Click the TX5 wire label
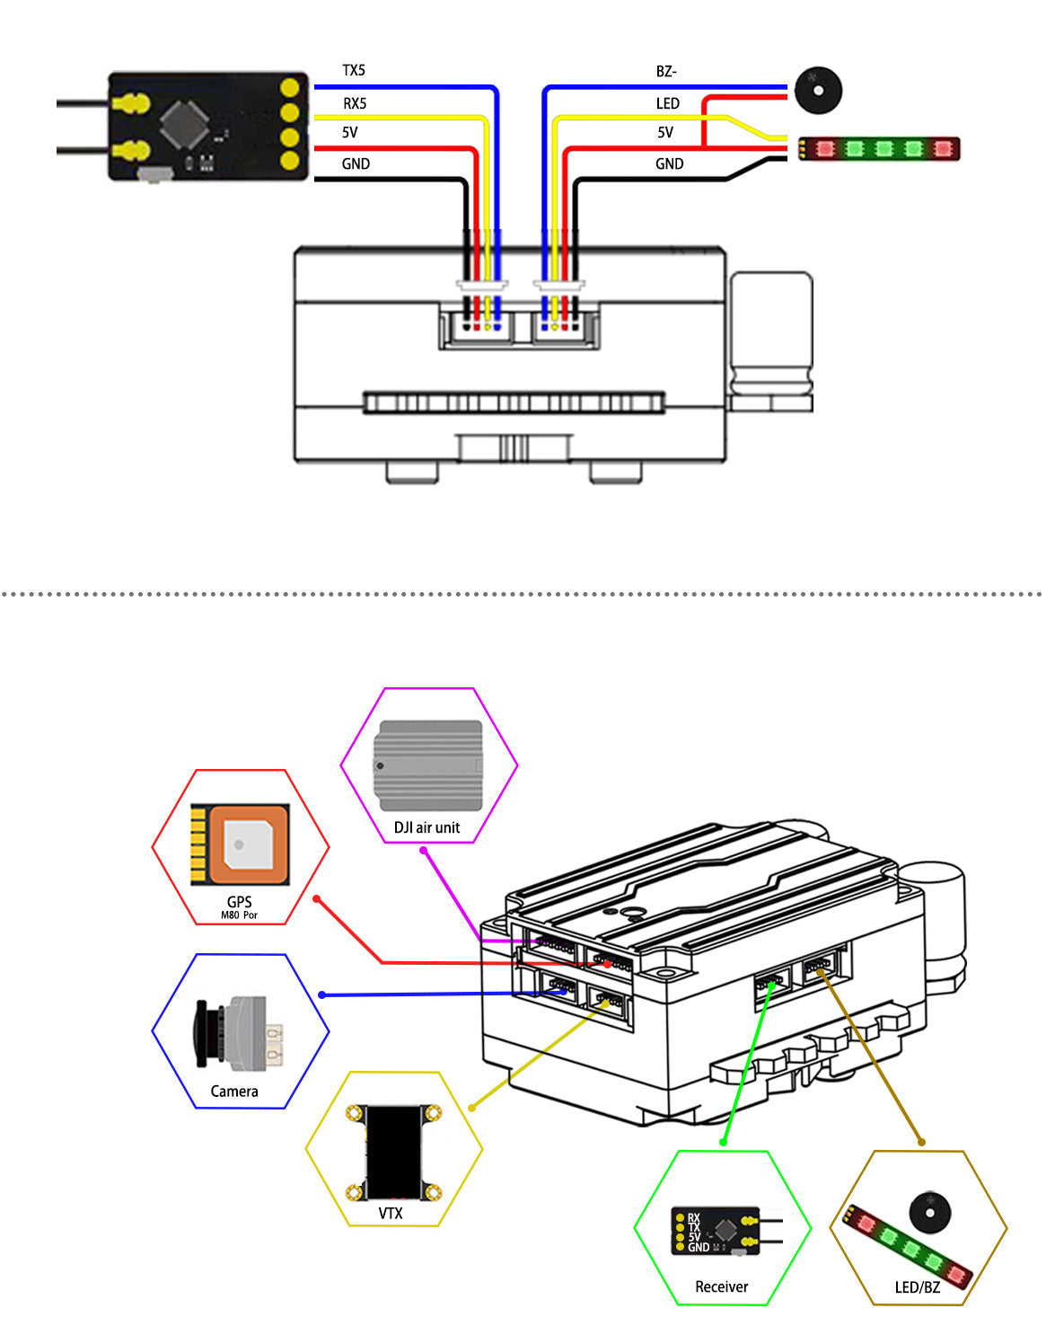click(x=354, y=70)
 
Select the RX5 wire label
click(x=355, y=103)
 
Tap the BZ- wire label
click(x=666, y=71)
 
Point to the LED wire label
click(x=667, y=103)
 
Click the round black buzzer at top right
click(x=817, y=89)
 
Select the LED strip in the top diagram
click(x=881, y=148)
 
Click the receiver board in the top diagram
click(x=207, y=127)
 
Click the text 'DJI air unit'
click(x=426, y=827)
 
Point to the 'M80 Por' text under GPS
click(x=239, y=915)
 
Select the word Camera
click(x=234, y=1092)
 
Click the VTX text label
click(x=391, y=1214)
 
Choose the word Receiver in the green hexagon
click(x=721, y=1287)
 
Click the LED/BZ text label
click(x=917, y=1287)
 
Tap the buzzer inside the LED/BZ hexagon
click(x=931, y=1212)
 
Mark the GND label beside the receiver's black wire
click(x=356, y=164)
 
